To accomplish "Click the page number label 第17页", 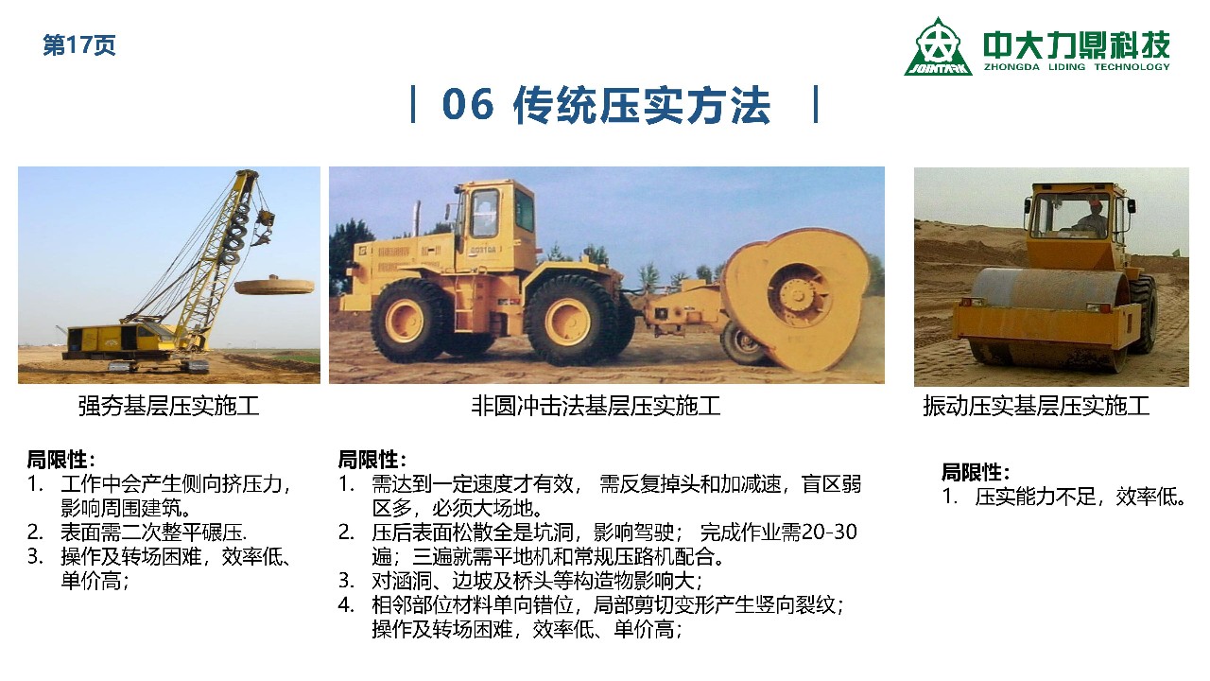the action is pyautogui.click(x=78, y=44).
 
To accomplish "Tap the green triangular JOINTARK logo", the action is pyautogui.click(x=938, y=47).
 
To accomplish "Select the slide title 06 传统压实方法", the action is pyautogui.click(x=606, y=105).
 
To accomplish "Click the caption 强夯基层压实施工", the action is pyautogui.click(x=168, y=406).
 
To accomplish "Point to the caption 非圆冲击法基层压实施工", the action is pyautogui.click(x=596, y=406).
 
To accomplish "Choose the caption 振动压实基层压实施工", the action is pyautogui.click(x=1036, y=406).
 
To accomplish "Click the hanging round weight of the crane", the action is pyautogui.click(x=274, y=285).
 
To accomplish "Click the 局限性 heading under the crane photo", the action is pyautogui.click(x=60, y=460).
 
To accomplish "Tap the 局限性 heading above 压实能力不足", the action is pyautogui.click(x=976, y=472).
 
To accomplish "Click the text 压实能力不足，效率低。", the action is pyautogui.click(x=1080, y=497).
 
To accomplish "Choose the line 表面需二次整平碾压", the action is pyautogui.click(x=153, y=533).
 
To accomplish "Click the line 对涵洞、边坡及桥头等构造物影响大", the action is pyautogui.click(x=536, y=581).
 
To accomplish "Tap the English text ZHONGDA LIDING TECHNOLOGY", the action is pyautogui.click(x=1077, y=67).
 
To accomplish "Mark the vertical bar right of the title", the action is pyautogui.click(x=816, y=104).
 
